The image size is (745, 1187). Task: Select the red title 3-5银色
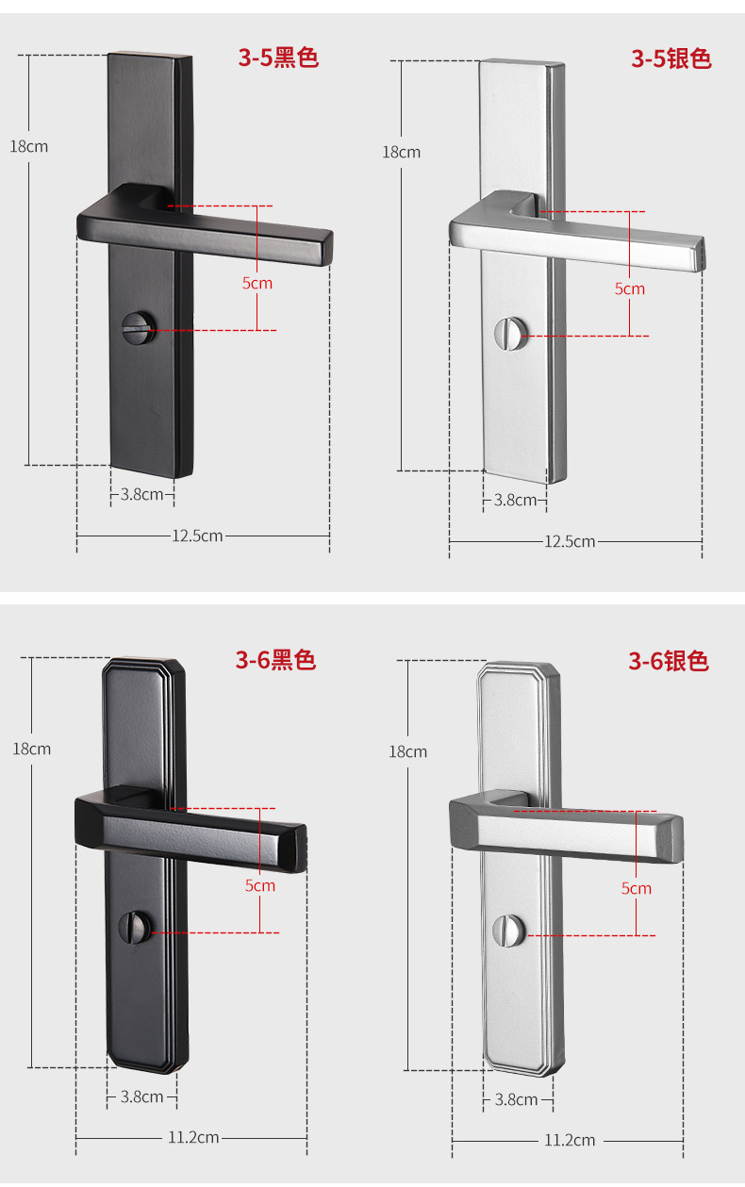tap(670, 59)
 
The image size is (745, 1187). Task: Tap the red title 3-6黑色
tap(275, 660)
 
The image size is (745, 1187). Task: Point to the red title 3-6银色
tap(669, 662)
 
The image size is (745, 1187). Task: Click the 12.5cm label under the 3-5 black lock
tap(197, 536)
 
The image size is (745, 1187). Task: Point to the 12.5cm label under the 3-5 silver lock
tap(570, 541)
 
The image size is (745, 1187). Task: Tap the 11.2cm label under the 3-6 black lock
tap(193, 1138)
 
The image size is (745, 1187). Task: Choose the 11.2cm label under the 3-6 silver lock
tap(570, 1141)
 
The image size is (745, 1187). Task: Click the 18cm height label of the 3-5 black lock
tap(29, 146)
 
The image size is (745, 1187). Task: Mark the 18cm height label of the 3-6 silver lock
tap(407, 751)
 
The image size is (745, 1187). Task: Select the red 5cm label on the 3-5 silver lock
tap(630, 289)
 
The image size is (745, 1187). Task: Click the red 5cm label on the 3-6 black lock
tap(260, 885)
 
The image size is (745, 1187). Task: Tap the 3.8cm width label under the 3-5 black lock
tap(141, 493)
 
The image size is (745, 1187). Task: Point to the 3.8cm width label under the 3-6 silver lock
tap(516, 1099)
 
